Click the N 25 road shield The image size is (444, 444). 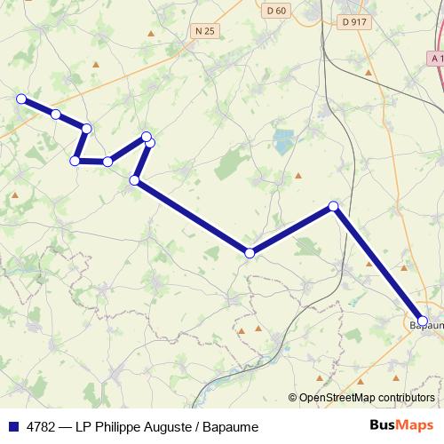204,31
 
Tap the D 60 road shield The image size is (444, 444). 276,11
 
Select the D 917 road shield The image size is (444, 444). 353,20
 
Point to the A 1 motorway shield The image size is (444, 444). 435,58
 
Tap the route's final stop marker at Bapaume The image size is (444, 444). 423,321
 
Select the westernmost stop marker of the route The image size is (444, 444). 21,99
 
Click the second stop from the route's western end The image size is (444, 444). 56,114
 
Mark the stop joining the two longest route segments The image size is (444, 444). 250,253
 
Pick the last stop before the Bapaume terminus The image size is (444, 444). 334,206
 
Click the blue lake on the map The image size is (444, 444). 283,140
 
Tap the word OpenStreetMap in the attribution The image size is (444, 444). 338,398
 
